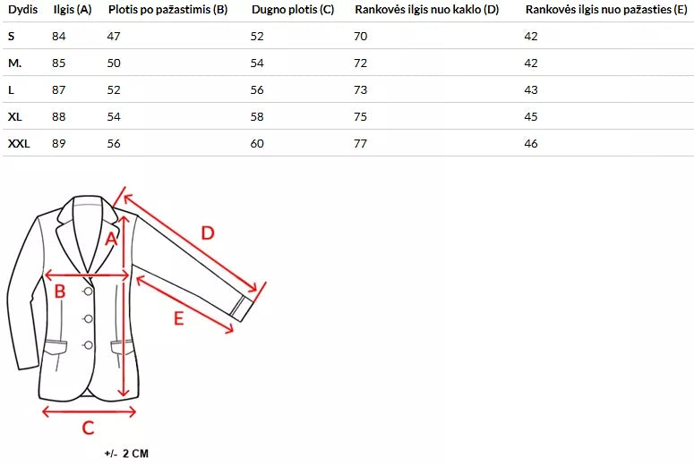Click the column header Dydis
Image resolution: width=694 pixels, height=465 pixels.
pos(23,9)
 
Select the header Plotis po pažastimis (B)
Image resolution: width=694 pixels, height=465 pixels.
pos(167,10)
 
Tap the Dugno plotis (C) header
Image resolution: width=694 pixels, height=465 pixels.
pos(293,10)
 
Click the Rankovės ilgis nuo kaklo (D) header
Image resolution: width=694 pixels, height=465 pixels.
pos(426,10)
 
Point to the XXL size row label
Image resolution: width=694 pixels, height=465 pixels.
pos(19,143)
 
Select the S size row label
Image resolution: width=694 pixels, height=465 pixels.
pos(12,37)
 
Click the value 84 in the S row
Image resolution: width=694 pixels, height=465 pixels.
pos(59,37)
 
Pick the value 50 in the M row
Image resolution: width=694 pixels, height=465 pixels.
pos(114,63)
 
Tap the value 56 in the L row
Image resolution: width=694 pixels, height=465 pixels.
pos(257,90)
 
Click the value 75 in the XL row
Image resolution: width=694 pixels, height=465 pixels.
pos(360,116)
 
